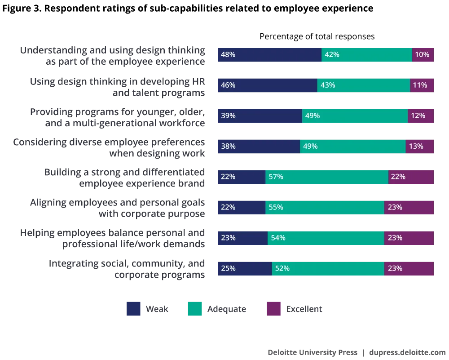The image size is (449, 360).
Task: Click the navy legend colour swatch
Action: point(134,309)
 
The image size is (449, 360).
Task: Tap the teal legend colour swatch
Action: point(195,309)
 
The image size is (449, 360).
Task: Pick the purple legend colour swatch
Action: point(274,309)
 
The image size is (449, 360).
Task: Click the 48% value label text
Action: point(228,55)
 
